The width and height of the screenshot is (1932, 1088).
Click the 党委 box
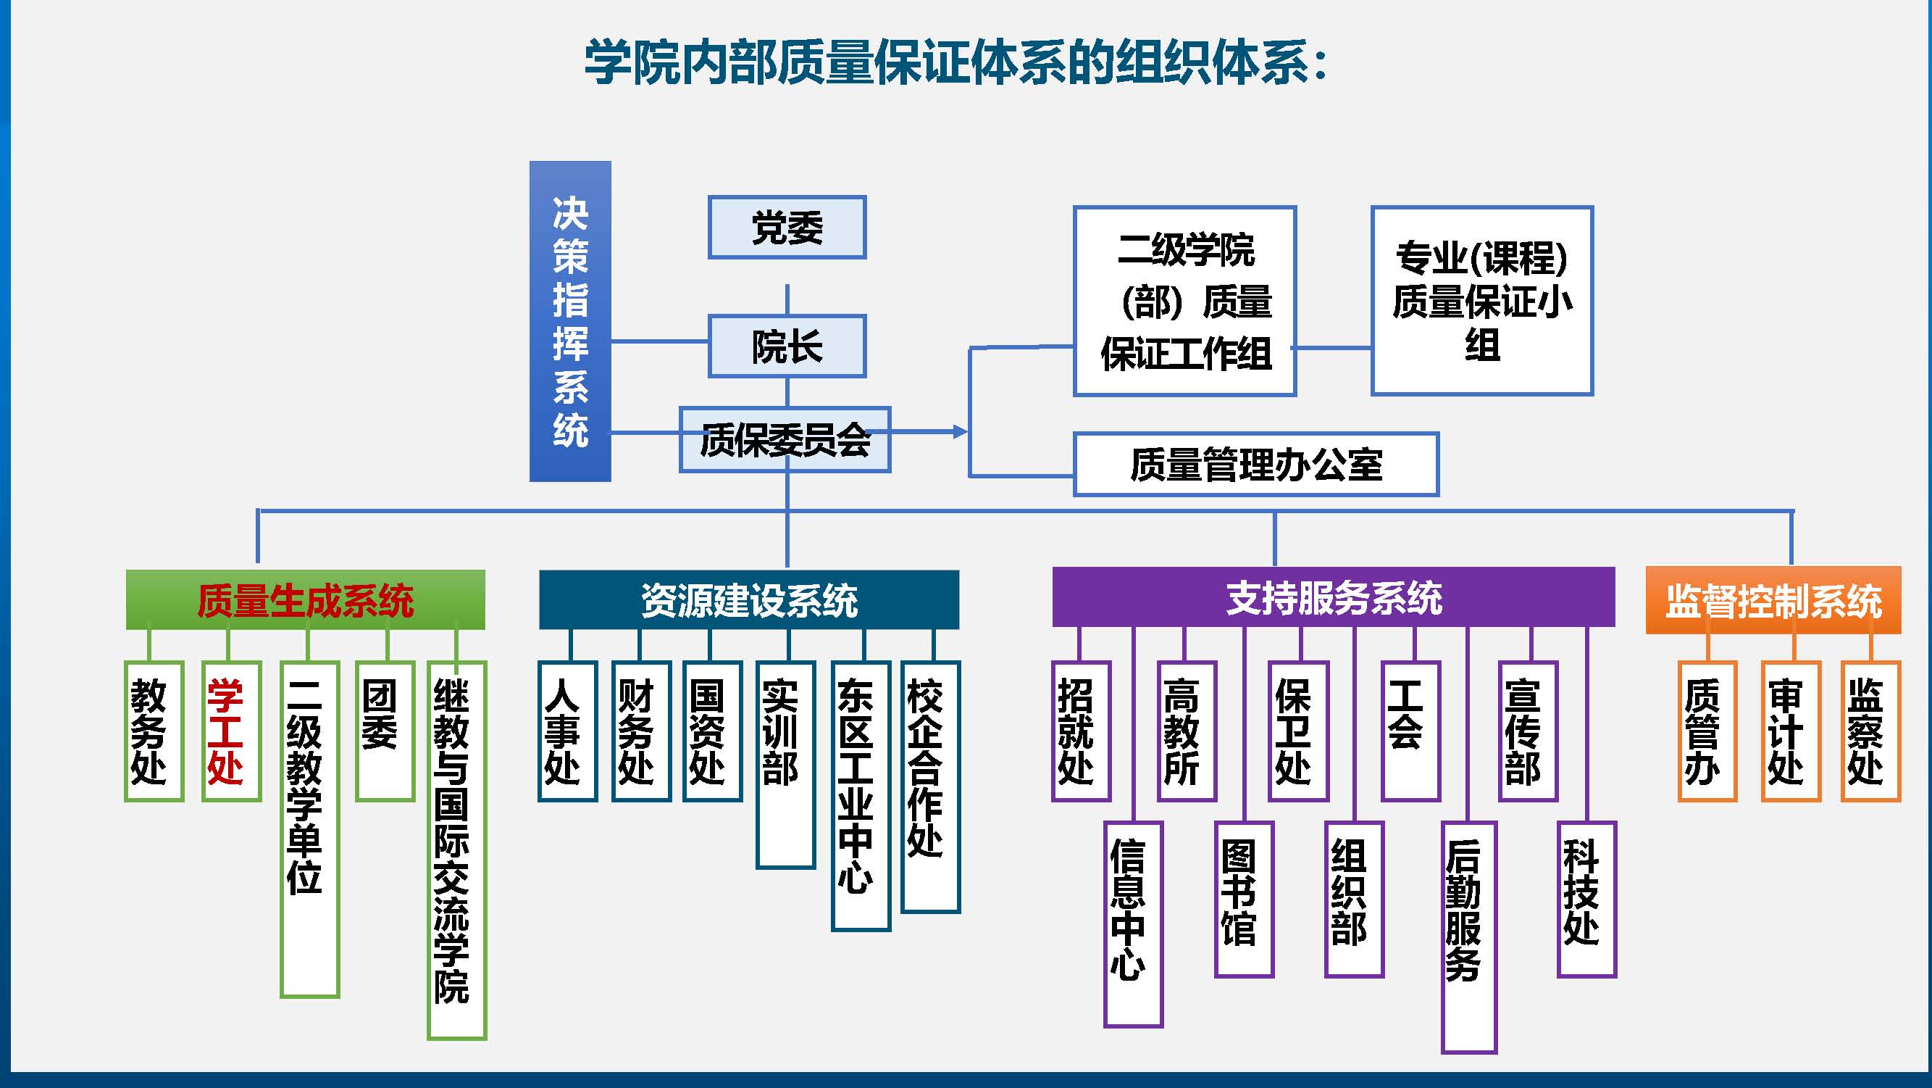[787, 228]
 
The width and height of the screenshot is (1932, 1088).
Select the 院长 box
[787, 346]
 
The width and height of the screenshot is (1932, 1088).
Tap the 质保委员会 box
[785, 440]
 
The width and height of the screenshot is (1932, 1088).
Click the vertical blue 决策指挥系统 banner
[570, 321]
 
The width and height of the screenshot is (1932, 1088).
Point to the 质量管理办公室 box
[1255, 464]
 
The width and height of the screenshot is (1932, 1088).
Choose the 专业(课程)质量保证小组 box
[1481, 301]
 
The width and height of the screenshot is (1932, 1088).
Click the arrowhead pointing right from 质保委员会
[958, 431]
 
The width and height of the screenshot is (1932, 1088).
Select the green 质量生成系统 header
[305, 599]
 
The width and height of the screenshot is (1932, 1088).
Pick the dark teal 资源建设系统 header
[748, 599]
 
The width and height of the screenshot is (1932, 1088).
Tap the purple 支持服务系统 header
[1333, 597]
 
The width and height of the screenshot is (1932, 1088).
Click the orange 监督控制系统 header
[1773, 600]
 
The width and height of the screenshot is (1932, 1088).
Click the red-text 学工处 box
[231, 731]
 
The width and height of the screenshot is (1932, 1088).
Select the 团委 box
[384, 731]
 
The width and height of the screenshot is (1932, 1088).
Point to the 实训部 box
[785, 764]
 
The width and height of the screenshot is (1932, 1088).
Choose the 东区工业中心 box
[861, 795]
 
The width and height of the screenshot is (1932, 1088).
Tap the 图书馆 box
[1244, 899]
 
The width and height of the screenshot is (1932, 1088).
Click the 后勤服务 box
[1468, 937]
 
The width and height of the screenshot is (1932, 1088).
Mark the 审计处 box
[1790, 731]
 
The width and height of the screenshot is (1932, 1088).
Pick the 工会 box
[1410, 731]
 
